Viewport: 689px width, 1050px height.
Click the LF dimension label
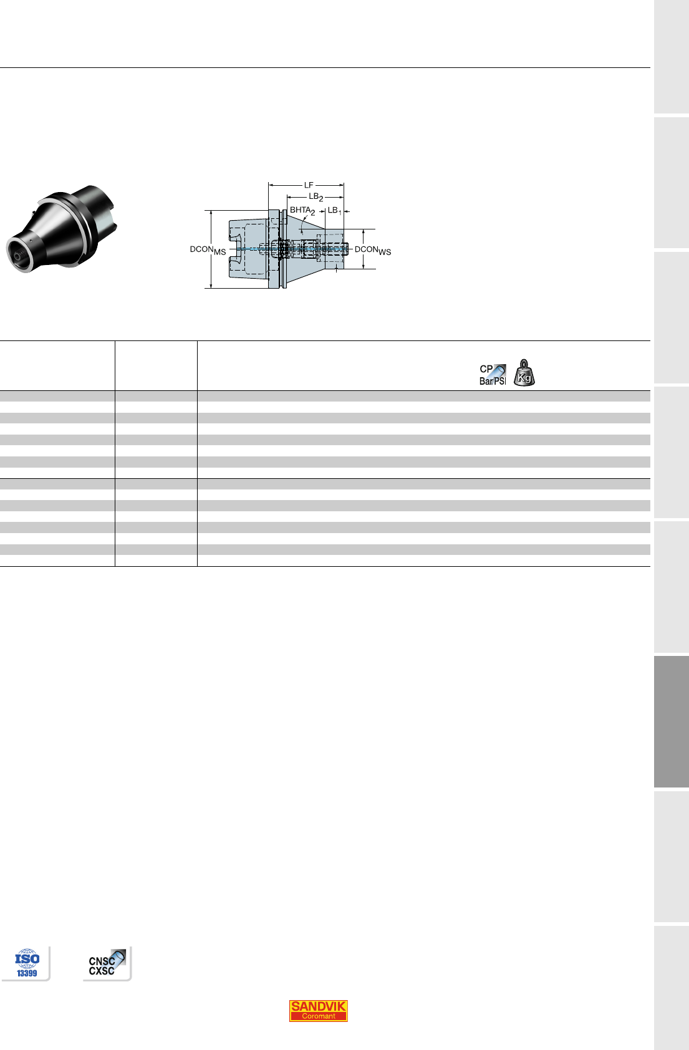click(x=309, y=185)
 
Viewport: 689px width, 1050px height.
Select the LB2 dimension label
click(x=316, y=197)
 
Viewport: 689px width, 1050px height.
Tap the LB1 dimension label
click(x=335, y=211)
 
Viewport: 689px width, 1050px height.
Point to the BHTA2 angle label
click(x=302, y=211)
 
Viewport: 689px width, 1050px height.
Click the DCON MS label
click(x=208, y=250)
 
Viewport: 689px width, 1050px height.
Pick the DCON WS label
click(x=373, y=250)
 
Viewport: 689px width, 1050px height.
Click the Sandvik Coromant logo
click(x=318, y=1010)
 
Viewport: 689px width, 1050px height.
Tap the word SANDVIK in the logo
click(x=318, y=1006)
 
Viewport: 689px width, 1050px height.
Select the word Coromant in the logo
click(x=318, y=1016)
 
